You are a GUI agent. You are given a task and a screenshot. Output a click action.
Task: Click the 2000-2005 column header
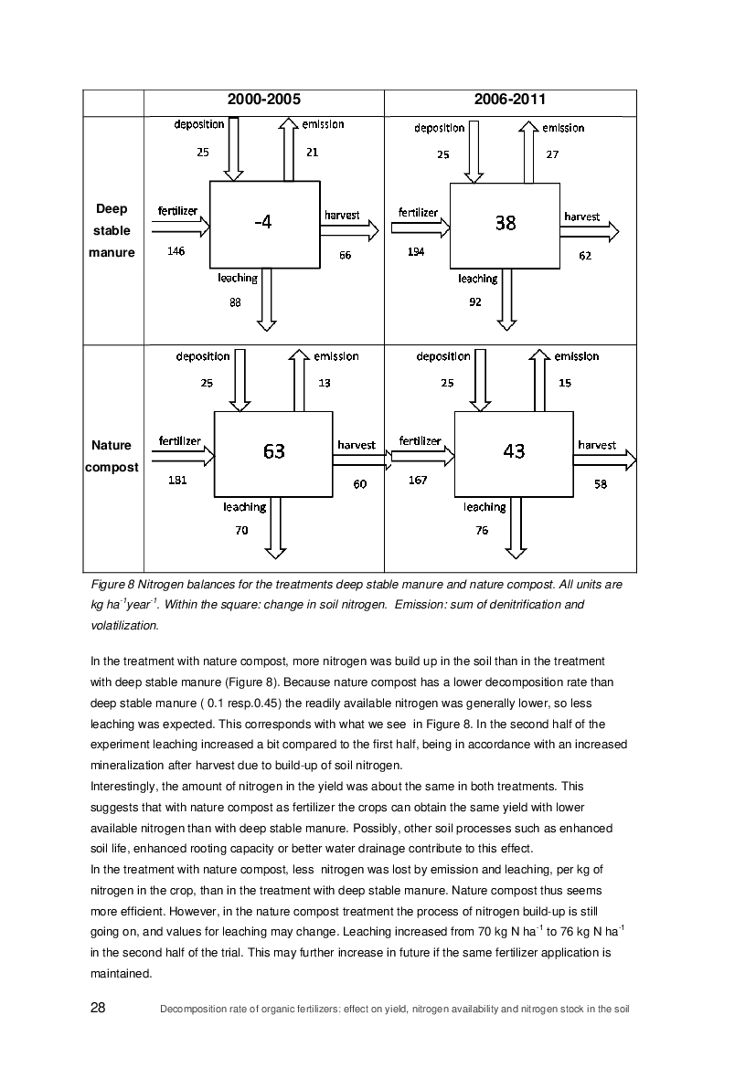[x=264, y=100]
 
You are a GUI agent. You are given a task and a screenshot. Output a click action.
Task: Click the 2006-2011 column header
[x=510, y=100]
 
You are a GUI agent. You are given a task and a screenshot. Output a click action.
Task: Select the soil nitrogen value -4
[x=262, y=222]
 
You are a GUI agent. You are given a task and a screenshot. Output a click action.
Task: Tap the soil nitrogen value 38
[x=506, y=223]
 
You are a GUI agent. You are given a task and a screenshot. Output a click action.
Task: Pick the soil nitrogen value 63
[x=274, y=451]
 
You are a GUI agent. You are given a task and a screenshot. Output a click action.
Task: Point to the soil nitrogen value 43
[x=514, y=451]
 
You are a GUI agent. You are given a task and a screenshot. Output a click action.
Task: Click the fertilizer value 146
[x=176, y=251]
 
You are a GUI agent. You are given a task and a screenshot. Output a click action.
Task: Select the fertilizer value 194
[x=416, y=252]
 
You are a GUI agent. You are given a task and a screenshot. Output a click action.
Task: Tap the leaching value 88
[x=235, y=302]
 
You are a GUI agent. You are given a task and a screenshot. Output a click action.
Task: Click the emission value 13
[x=325, y=383]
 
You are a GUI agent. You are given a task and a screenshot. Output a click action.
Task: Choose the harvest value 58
[x=601, y=484]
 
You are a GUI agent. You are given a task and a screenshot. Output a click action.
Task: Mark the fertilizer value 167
[x=418, y=481]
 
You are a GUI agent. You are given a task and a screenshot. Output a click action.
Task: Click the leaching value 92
[x=475, y=302]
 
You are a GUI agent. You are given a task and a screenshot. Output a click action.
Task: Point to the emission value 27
[x=552, y=154]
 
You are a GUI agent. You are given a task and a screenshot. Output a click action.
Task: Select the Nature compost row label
[x=112, y=457]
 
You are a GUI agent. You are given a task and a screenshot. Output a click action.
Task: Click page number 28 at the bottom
[x=98, y=1008]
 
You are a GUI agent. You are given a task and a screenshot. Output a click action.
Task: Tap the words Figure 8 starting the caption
[x=113, y=585]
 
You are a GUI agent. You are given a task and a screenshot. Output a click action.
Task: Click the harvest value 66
[x=346, y=256]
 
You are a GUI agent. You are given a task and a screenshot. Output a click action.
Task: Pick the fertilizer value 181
[x=177, y=481]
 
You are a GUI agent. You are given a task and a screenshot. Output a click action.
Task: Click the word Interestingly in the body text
[x=124, y=787]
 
